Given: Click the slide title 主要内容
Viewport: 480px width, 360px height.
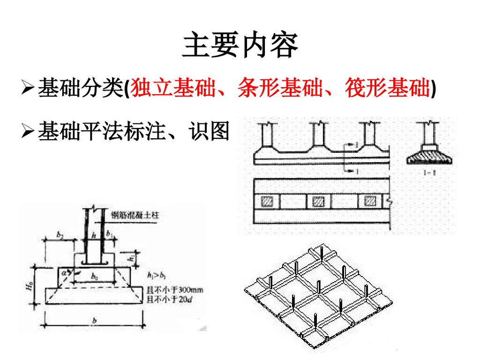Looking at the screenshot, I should pyautogui.click(x=240, y=46).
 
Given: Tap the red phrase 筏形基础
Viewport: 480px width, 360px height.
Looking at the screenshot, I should pyautogui.click(x=386, y=88).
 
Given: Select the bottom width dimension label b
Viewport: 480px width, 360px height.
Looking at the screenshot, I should pyautogui.click(x=94, y=321).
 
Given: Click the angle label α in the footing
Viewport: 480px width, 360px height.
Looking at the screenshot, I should pyautogui.click(x=65, y=270).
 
